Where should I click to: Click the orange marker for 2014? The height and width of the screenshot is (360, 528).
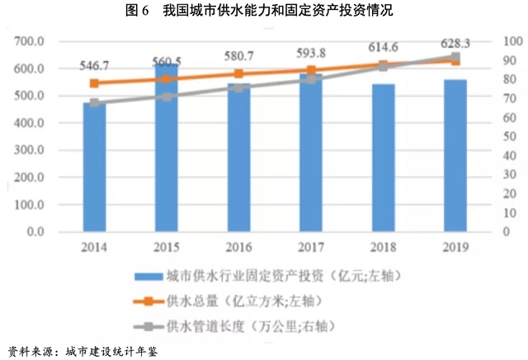[94, 83]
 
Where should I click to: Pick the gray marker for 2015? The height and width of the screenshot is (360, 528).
[167, 97]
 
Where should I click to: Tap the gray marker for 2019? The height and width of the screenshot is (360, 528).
[455, 57]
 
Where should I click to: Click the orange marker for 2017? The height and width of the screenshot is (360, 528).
[311, 71]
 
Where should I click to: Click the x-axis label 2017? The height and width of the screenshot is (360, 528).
[311, 247]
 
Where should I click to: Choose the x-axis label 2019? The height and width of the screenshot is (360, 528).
[455, 247]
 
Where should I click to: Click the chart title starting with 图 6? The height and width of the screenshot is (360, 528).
[265, 11]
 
